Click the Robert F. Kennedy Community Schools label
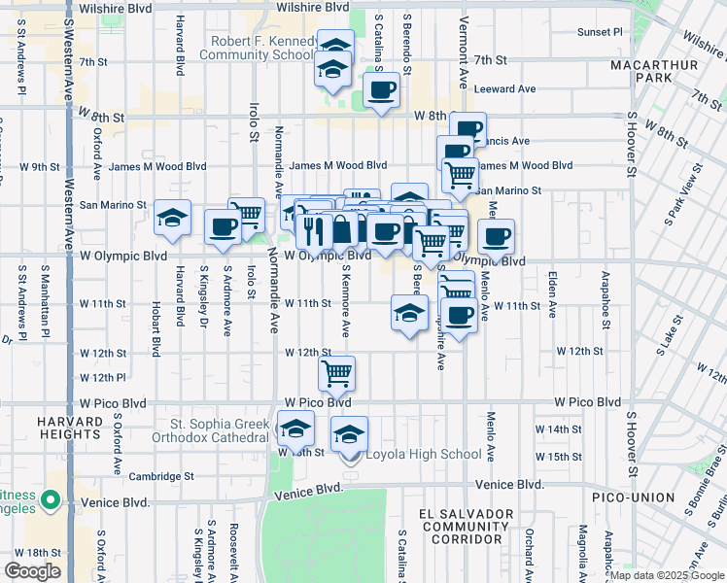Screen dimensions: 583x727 [x=258, y=49]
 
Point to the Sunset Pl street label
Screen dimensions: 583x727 [x=601, y=32]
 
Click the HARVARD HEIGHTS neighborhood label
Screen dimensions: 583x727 [x=70, y=429]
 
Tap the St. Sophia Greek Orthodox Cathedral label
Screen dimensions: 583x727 [x=217, y=430]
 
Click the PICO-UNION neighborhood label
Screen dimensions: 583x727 [x=633, y=497]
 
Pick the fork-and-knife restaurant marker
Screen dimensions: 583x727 [x=312, y=230]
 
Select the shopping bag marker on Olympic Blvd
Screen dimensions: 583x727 [x=343, y=230]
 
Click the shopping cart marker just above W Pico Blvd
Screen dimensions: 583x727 [x=336, y=371]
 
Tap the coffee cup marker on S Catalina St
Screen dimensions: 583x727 [x=381, y=90]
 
